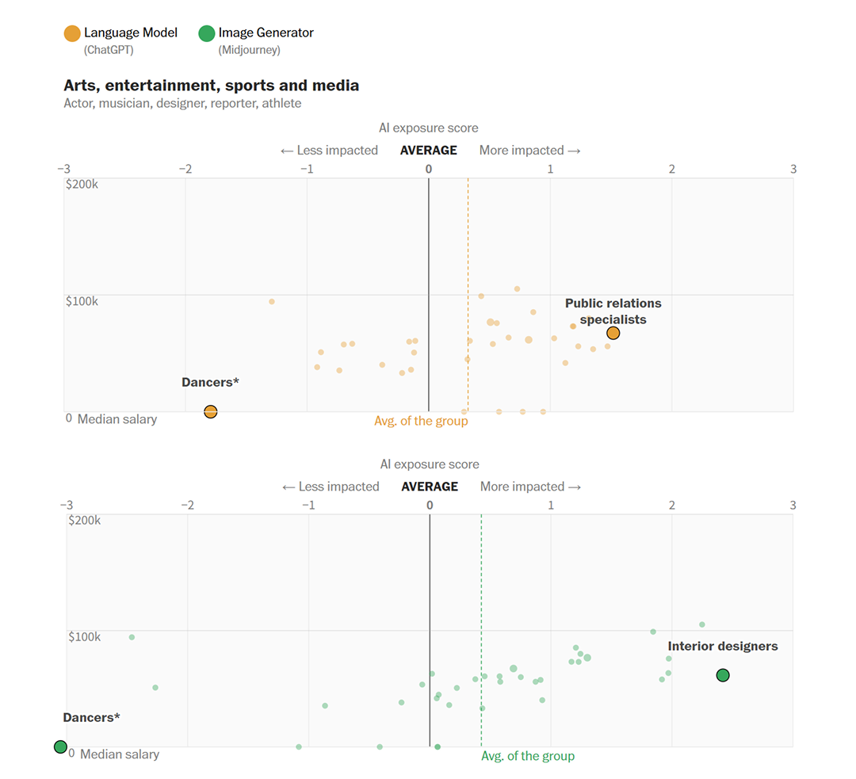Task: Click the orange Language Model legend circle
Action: [x=72, y=33]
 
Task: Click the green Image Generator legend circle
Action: [x=207, y=33]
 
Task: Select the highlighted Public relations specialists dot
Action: [x=613, y=334]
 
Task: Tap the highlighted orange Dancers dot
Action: [x=211, y=411]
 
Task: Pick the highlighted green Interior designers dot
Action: [x=723, y=675]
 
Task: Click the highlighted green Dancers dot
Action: [x=60, y=747]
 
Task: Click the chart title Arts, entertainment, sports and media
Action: [x=211, y=86]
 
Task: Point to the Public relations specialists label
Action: [x=613, y=311]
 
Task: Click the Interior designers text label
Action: [x=722, y=646]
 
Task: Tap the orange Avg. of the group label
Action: [x=421, y=421]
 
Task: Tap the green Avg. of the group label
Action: [x=528, y=756]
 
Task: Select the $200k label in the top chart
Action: [x=82, y=184]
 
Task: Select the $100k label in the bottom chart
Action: [x=84, y=637]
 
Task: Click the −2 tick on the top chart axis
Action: [x=185, y=169]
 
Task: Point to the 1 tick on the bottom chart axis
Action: [x=551, y=505]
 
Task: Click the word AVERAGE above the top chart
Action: [x=428, y=151]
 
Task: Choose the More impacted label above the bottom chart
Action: [x=530, y=487]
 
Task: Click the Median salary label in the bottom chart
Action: [x=119, y=754]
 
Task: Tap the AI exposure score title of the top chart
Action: [x=428, y=128]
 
